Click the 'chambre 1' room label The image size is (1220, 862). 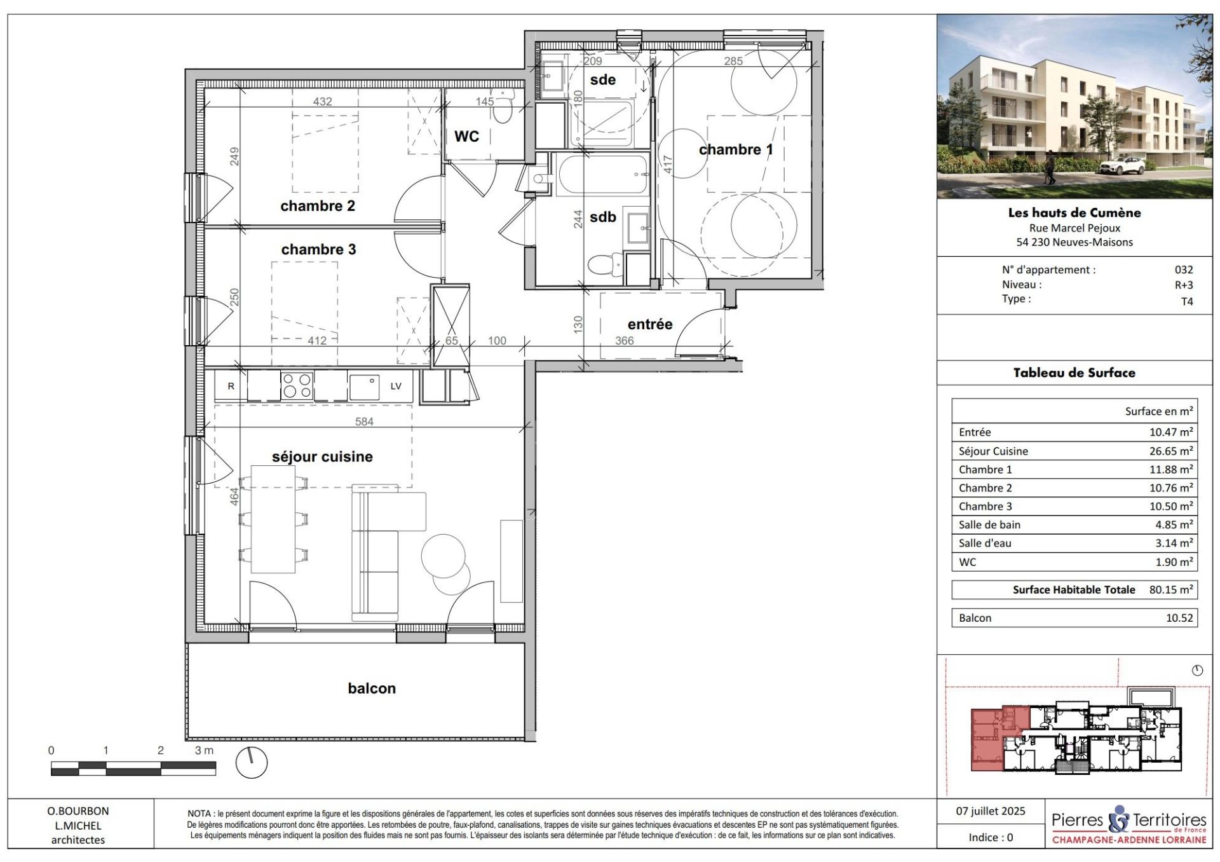(x=736, y=149)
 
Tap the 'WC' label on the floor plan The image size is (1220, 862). (x=466, y=136)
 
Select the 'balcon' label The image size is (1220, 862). (x=372, y=688)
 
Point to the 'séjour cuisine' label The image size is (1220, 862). (x=322, y=456)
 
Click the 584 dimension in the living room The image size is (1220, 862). (x=364, y=421)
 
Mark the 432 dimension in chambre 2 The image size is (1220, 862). (x=323, y=101)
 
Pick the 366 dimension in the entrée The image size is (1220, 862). (x=625, y=341)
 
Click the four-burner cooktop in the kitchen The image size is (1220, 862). (x=297, y=385)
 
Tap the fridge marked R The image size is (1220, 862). (x=231, y=386)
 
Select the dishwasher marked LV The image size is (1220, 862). (x=396, y=386)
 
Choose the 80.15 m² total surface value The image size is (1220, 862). (x=1171, y=589)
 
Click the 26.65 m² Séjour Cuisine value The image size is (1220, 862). (x=1171, y=451)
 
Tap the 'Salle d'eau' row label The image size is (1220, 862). (x=985, y=543)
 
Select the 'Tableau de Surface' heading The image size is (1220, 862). (x=1074, y=373)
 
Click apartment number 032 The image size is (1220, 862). (x=1184, y=270)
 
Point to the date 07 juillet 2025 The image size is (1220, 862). (x=991, y=811)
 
